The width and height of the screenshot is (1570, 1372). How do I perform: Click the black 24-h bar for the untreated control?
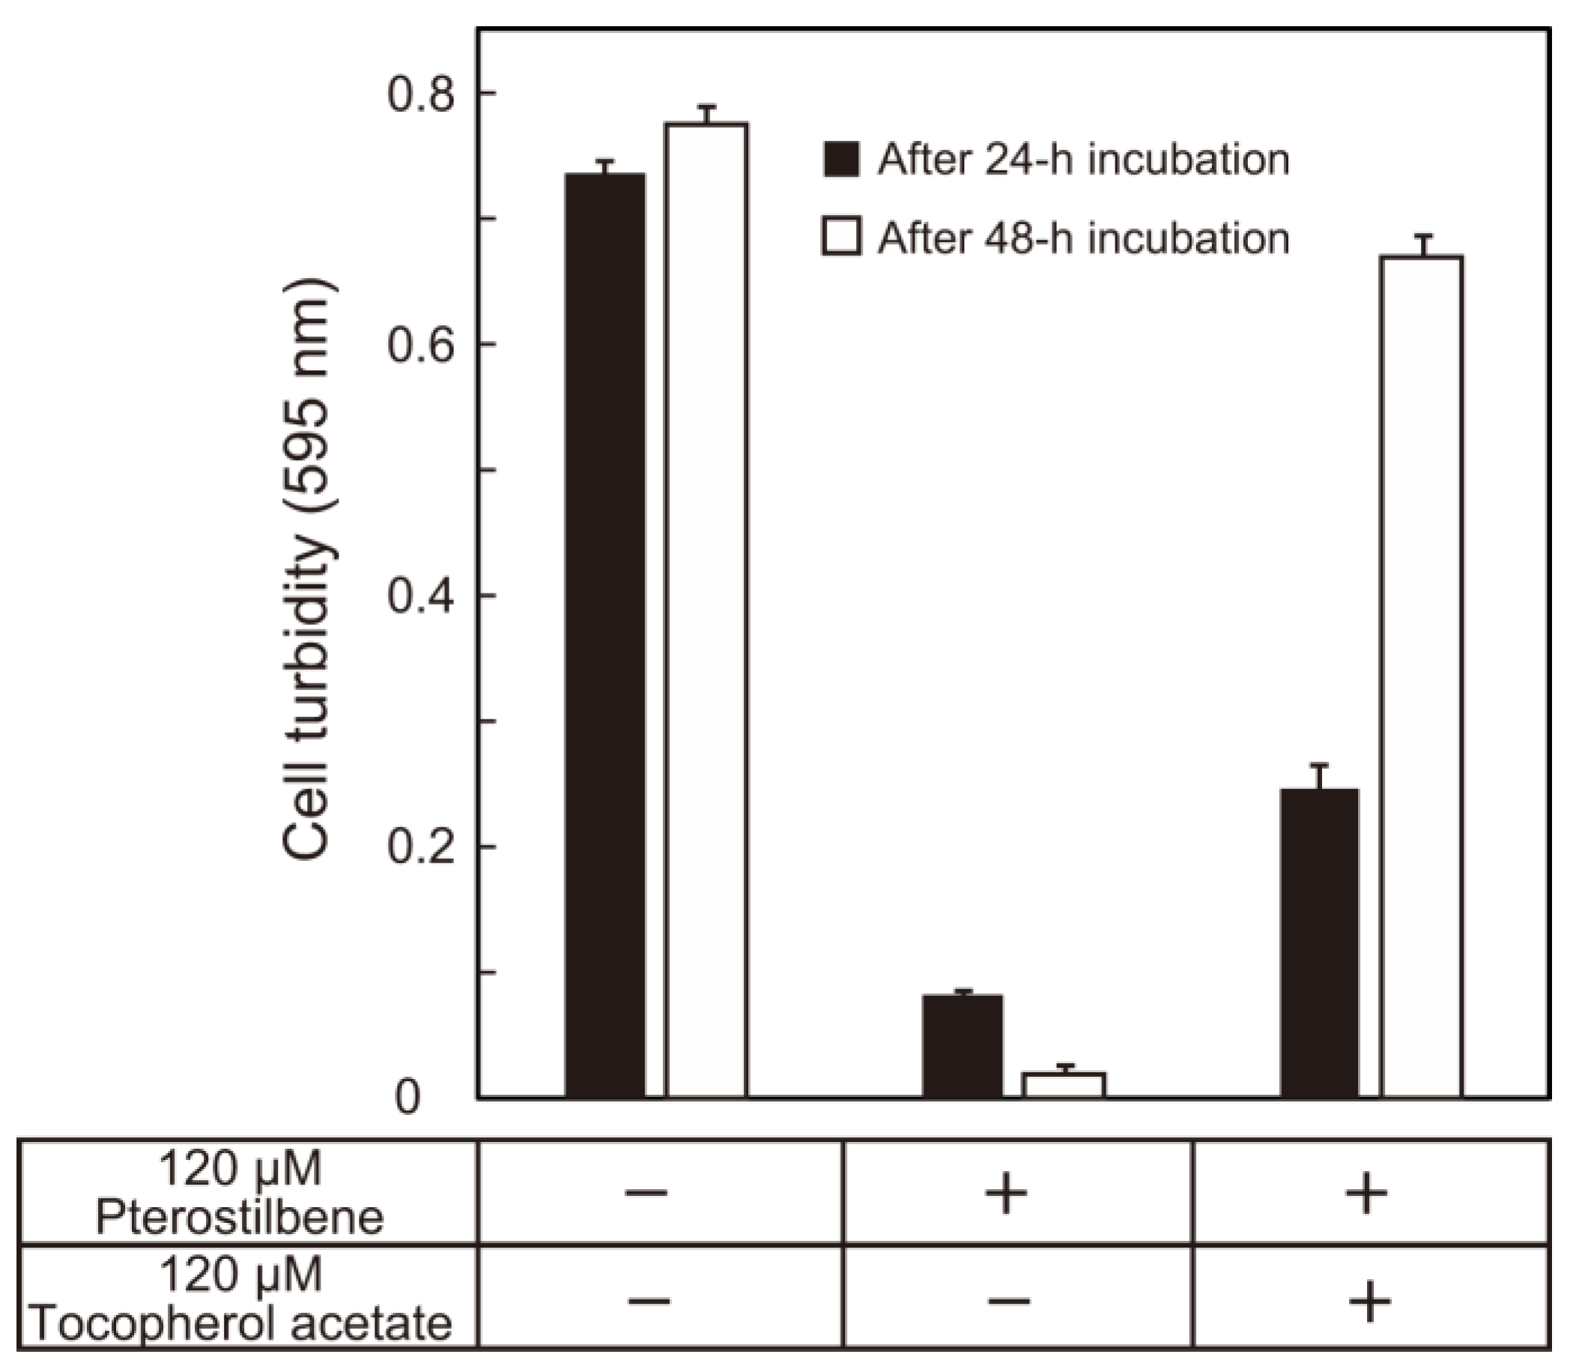tap(604, 635)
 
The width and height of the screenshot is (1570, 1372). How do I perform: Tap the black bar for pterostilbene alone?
tap(963, 1046)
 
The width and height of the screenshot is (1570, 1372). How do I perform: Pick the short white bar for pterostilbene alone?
tap(1064, 1085)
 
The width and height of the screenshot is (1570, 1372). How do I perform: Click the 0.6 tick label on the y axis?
tap(420, 345)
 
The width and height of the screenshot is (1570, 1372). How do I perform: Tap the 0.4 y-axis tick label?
tap(420, 596)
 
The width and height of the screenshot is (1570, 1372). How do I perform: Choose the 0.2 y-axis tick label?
tap(420, 847)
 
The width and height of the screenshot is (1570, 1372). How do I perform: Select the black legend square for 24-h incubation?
tap(840, 160)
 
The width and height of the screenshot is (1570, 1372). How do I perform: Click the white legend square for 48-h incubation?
tap(840, 237)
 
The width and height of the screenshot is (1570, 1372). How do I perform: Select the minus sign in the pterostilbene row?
tap(647, 1193)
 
